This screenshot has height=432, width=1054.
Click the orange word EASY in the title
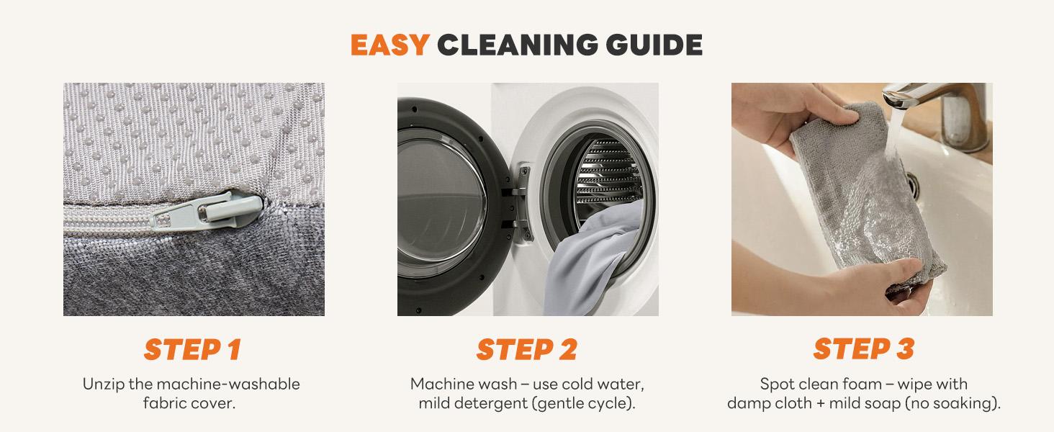[389, 45]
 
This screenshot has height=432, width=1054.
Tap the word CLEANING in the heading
[517, 45]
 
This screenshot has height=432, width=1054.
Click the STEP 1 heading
[193, 349]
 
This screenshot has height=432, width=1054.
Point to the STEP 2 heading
[527, 349]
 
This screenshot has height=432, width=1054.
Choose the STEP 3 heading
[864, 349]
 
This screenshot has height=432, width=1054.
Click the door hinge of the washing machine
[520, 202]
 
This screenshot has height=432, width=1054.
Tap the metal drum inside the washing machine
[609, 176]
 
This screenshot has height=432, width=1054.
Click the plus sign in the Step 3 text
[820, 404]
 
